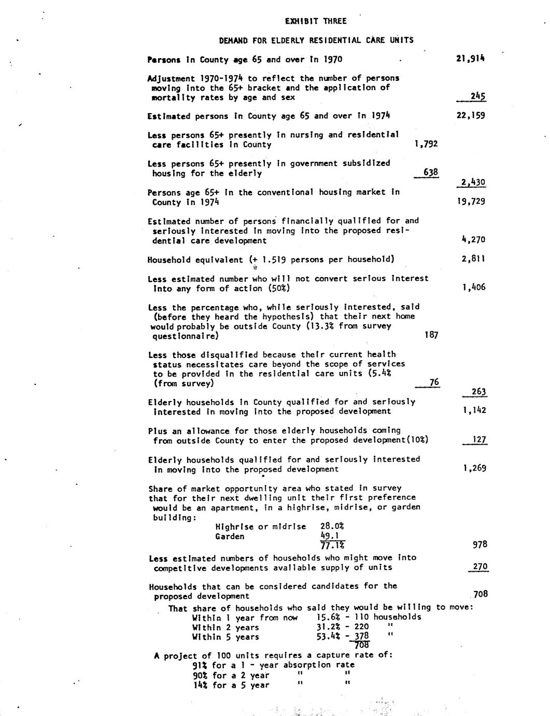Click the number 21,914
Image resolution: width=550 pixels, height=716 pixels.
click(x=470, y=59)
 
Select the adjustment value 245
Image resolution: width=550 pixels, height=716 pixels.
click(x=477, y=96)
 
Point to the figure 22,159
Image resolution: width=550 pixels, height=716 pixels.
click(x=470, y=115)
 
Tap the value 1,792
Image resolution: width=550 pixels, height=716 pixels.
click(x=426, y=144)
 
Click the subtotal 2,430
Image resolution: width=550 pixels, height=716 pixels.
click(x=473, y=182)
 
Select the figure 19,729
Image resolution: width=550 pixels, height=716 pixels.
click(x=471, y=201)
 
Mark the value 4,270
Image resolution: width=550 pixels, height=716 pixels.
click(x=473, y=240)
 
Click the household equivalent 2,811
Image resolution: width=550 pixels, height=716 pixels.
click(x=473, y=259)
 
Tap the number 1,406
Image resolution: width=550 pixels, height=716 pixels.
click(x=473, y=287)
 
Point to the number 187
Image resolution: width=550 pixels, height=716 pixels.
click(x=431, y=335)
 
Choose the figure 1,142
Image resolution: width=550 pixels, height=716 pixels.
click(x=474, y=410)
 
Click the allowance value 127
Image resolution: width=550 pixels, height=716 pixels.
click(x=480, y=440)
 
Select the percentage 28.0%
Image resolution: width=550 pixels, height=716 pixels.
click(x=332, y=526)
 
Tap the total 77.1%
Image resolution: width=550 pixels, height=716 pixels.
click(x=332, y=545)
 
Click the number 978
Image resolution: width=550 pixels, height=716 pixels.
click(x=480, y=544)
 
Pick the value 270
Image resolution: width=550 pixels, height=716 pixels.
click(x=480, y=567)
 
